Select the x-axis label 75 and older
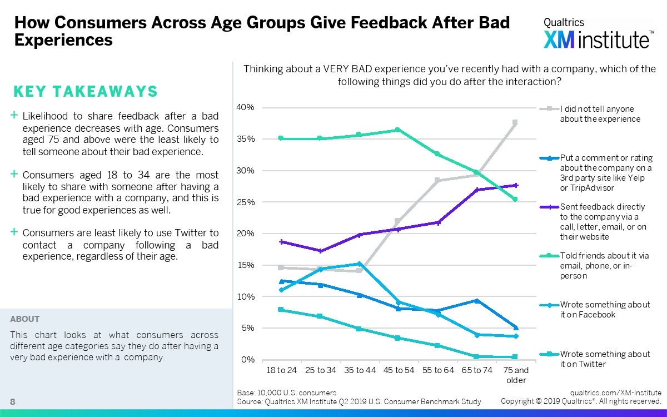point(515,375)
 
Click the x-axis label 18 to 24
point(281,370)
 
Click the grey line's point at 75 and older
point(515,122)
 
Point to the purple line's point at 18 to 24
point(281,242)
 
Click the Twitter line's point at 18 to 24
point(281,310)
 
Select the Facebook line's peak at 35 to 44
point(359,264)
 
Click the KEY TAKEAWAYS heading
point(85,92)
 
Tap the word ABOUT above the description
point(25,319)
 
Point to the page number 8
point(12,401)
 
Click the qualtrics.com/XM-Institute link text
point(616,393)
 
